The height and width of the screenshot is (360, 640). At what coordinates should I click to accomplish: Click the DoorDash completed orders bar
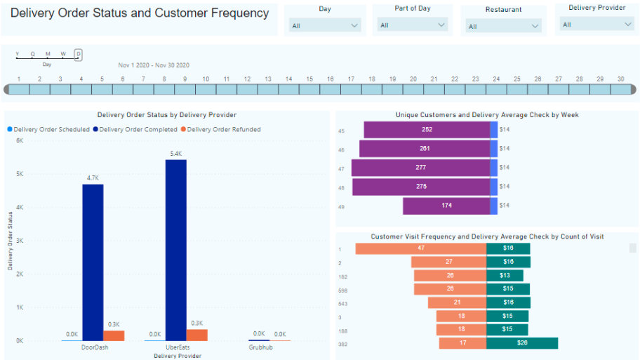point(93,262)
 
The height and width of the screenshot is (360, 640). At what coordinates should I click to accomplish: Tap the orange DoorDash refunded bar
point(114,335)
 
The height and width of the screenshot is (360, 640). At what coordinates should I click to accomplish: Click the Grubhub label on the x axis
point(260,347)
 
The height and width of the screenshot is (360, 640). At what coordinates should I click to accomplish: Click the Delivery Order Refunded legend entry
point(220,129)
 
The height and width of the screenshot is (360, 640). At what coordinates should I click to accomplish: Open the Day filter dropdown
point(325,25)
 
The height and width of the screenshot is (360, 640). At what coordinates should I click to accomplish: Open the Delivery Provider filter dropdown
point(596,25)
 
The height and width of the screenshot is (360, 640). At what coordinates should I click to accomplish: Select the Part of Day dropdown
point(412,25)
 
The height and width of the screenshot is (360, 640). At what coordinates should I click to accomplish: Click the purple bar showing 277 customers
point(420,167)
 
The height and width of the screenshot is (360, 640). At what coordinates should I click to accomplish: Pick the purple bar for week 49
point(446,206)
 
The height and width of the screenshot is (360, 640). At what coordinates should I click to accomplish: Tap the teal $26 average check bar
point(522,343)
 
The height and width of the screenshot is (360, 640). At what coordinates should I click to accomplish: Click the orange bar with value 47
point(420,248)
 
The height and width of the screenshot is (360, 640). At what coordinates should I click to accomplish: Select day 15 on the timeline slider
point(309,89)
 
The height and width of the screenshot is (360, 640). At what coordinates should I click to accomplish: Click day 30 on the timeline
point(620,89)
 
